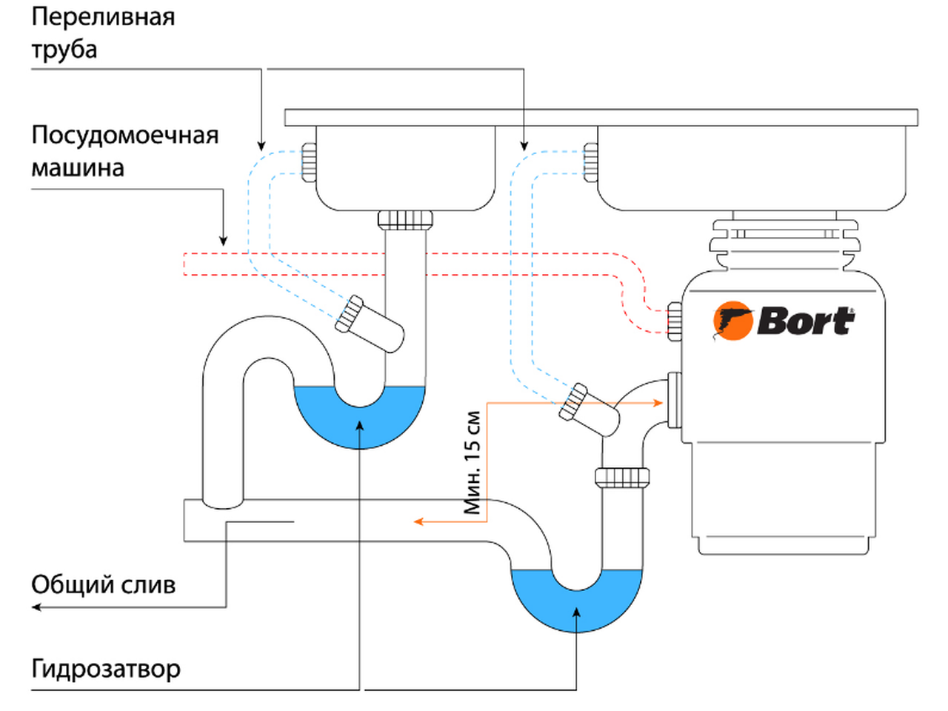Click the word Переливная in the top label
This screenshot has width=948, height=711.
pyautogui.click(x=103, y=18)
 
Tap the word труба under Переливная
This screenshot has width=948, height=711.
pyautogui.click(x=64, y=49)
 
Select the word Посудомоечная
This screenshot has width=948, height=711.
pyautogui.click(x=125, y=136)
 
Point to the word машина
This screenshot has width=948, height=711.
pyautogui.click(x=78, y=168)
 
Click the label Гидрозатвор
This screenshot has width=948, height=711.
pyautogui.click(x=106, y=669)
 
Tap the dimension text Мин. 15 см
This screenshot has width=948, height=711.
pyautogui.click(x=472, y=463)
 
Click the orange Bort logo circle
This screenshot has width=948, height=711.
pyautogui.click(x=733, y=320)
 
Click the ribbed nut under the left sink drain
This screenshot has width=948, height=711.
pyautogui.click(x=405, y=220)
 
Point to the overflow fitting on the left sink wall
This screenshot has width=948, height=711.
pyautogui.click(x=309, y=162)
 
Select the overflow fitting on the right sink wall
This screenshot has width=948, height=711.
pyautogui.click(x=591, y=162)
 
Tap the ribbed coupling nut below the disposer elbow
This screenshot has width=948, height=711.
pyautogui.click(x=622, y=477)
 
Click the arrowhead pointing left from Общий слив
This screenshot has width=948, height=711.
pyautogui.click(x=37, y=607)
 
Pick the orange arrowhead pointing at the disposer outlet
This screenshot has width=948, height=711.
pyautogui.click(x=658, y=403)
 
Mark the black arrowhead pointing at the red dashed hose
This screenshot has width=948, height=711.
pyautogui.click(x=223, y=241)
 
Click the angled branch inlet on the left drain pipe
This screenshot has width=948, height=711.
pyautogui.click(x=370, y=324)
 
